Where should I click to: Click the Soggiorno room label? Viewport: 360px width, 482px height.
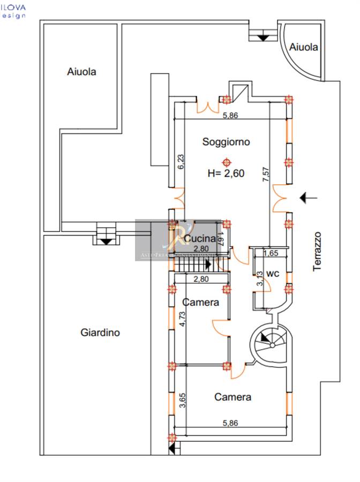[226, 142]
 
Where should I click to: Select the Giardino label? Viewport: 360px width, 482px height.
[100, 333]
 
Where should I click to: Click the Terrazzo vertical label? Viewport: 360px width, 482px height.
[317, 251]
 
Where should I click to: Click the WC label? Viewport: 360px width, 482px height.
[273, 274]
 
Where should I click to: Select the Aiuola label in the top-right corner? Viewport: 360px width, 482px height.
[303, 47]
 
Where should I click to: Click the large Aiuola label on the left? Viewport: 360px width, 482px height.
[81, 71]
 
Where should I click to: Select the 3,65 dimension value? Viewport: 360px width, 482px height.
[182, 401]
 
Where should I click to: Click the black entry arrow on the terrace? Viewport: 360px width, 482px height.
[308, 198]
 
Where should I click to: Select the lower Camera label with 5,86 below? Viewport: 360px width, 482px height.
[232, 397]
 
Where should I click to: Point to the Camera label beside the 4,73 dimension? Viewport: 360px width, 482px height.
[200, 303]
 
